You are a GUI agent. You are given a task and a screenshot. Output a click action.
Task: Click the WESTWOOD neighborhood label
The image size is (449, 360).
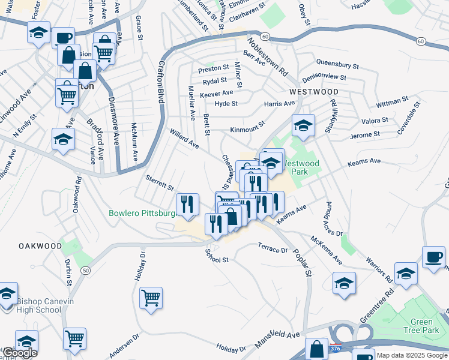(313, 92)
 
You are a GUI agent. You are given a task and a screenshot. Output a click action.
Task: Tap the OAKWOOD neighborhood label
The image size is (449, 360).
(40, 246)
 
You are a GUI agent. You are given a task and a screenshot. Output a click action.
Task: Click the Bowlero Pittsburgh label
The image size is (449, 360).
(142, 213)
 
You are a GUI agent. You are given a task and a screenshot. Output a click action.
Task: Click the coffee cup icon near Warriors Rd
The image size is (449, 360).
(433, 257)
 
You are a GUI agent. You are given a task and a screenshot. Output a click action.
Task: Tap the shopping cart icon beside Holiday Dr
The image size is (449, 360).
(151, 297)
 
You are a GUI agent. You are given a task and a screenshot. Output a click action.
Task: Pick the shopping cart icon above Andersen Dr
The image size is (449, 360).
(74, 338)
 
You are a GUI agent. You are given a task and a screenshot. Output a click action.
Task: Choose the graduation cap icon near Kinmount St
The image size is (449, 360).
(303, 125)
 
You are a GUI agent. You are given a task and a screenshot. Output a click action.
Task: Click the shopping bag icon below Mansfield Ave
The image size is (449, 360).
(316, 349)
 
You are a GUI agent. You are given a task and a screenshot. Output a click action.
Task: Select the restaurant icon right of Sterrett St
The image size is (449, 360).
(187, 204)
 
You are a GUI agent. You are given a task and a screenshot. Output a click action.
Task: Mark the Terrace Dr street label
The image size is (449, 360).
(273, 248)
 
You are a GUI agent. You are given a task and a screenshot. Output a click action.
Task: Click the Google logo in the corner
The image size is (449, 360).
(20, 352)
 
